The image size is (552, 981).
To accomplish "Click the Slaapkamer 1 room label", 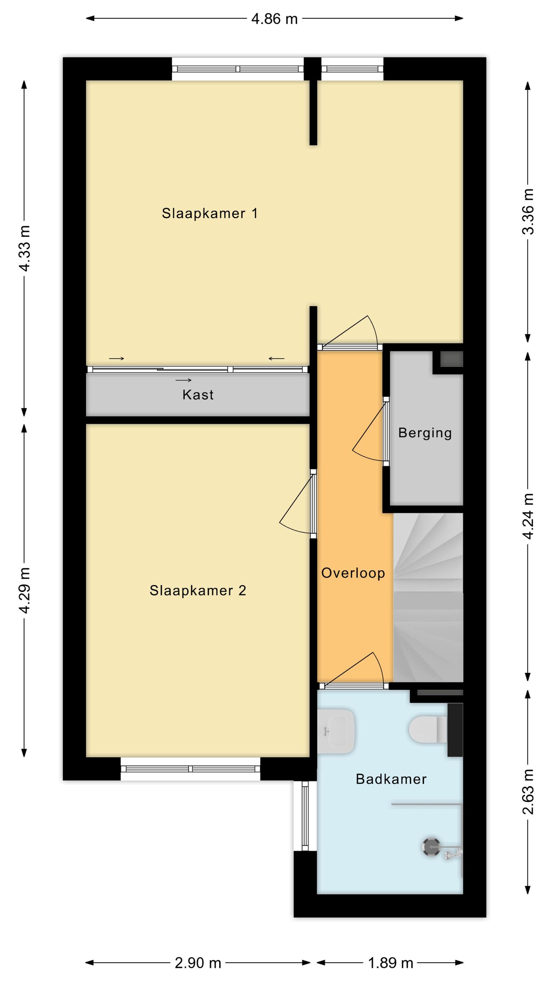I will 209,213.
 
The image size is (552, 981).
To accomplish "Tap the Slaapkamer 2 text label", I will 197,591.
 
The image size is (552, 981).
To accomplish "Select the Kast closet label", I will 198,395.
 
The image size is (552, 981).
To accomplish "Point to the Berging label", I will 425,433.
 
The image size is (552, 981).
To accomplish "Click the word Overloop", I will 353,573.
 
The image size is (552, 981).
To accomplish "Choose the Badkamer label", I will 391,779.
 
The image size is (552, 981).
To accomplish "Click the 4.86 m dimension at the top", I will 274,19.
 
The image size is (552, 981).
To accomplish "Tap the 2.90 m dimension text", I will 198,963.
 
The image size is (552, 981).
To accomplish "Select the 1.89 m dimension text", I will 391,963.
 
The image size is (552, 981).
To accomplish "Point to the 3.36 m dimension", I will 528,212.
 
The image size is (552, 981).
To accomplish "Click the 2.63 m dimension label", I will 528,791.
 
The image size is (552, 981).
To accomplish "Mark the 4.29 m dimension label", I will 25,591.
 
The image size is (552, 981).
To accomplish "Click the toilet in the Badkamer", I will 427,730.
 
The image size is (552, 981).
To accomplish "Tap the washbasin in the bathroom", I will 335,732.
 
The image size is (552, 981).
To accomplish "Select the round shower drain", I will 431,847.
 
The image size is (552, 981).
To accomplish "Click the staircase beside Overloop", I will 428,598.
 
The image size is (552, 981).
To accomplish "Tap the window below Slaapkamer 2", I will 191,769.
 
